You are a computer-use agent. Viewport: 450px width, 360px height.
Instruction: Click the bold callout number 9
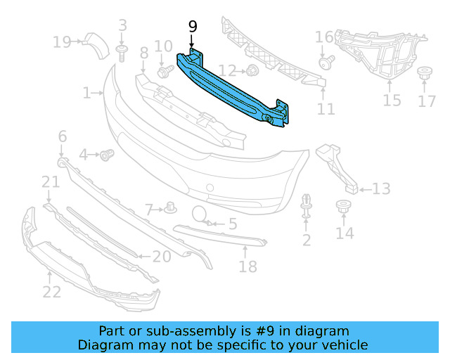(193, 27)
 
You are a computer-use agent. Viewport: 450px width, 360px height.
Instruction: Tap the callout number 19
(61, 43)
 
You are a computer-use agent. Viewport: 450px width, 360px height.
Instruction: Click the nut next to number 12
(251, 70)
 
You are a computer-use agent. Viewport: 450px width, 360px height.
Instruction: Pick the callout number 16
(324, 37)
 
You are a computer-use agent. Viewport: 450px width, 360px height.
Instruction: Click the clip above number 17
(425, 73)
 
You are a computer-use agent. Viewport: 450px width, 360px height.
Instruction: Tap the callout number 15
(392, 101)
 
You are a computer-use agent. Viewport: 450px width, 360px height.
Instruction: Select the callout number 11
(326, 109)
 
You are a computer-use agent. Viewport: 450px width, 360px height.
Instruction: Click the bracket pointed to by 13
(337, 169)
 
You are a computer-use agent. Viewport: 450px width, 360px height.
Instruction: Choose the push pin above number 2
(307, 204)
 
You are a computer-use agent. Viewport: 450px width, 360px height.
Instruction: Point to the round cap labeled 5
(199, 214)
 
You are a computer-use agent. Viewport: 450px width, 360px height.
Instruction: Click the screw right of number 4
(108, 154)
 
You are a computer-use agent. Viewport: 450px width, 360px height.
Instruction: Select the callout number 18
(247, 266)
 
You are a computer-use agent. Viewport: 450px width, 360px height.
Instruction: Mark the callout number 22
(51, 290)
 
